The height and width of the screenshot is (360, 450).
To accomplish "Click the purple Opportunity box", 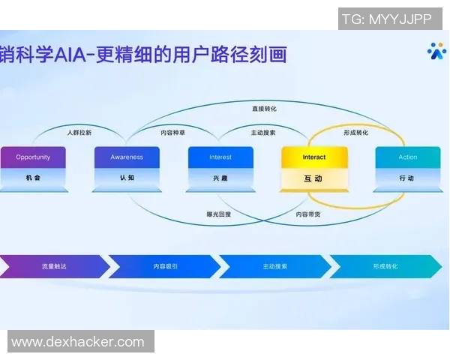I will click(x=33, y=166).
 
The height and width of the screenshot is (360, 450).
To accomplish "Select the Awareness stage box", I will click(x=127, y=166).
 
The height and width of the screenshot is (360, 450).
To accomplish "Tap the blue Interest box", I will click(x=220, y=166).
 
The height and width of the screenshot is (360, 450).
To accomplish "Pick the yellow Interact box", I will click(x=313, y=166).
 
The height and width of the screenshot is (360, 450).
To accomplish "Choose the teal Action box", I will click(x=407, y=166).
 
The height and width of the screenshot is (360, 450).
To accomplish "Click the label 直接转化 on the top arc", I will click(x=264, y=109).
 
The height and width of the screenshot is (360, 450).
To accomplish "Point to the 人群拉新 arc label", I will click(x=79, y=132).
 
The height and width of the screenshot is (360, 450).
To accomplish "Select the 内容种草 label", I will click(x=173, y=132).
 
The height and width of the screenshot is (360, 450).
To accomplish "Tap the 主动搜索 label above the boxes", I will click(x=263, y=132).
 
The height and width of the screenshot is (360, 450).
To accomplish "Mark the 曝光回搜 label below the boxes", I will click(x=219, y=214).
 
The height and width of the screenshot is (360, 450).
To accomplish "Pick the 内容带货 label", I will click(x=309, y=214).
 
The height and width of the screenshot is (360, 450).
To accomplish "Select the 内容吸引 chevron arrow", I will click(x=165, y=266).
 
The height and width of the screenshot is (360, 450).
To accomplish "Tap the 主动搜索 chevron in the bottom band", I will click(x=274, y=266).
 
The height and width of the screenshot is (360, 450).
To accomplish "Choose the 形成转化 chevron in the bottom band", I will click(x=385, y=266).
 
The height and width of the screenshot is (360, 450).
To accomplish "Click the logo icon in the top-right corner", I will click(x=436, y=50).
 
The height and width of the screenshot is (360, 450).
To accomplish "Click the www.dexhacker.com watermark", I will click(x=78, y=342).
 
